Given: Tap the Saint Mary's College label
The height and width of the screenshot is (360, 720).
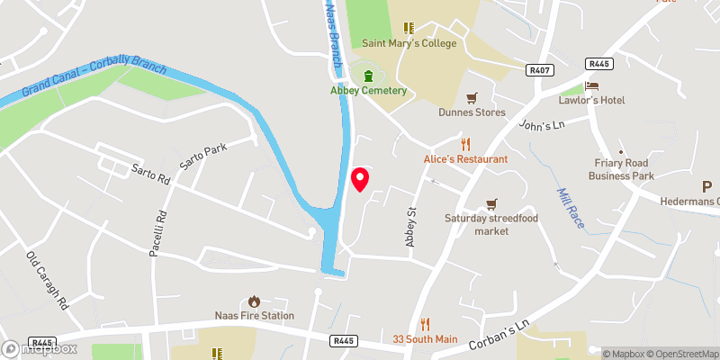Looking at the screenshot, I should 409,43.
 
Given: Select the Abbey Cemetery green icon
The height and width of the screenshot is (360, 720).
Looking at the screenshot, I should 367,75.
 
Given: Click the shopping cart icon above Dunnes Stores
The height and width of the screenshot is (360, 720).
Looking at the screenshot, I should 472,97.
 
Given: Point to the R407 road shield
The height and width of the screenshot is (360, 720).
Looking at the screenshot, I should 539,69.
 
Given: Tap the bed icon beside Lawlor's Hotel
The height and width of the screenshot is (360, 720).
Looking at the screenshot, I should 591,85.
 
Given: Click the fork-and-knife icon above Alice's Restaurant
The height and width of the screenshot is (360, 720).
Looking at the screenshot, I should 465,144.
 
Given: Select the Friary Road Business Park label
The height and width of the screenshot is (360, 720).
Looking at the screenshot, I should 621,169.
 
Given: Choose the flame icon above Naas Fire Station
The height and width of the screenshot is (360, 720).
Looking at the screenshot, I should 254,301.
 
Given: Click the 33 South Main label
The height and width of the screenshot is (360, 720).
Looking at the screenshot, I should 425,339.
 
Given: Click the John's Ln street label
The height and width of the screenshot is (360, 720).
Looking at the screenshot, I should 540,125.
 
